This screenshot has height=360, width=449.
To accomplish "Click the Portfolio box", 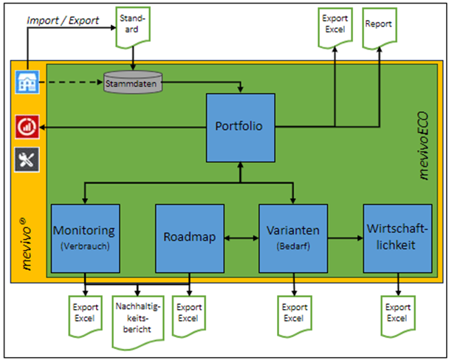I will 240,126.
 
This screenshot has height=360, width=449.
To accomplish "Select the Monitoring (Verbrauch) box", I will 86,238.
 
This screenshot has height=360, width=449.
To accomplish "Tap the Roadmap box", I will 188,238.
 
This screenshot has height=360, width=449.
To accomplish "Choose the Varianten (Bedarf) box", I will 293,238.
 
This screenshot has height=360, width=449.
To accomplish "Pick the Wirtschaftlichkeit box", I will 397,238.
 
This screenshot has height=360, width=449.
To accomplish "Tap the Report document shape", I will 380,26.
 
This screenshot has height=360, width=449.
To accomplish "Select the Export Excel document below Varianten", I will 294,313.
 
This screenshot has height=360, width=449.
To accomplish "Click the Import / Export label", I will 63,20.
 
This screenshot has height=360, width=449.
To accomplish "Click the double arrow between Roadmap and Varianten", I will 240,238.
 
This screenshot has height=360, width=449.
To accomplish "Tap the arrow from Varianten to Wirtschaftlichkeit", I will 346,238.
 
